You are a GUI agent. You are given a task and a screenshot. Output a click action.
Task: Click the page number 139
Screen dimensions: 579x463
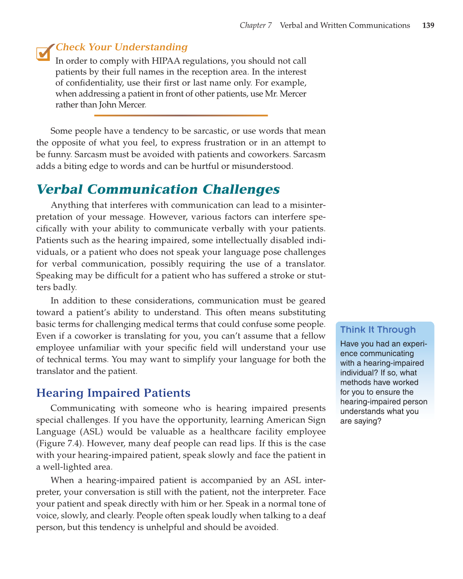[428, 26]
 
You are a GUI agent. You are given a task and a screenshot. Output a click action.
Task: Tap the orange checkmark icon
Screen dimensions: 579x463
[44, 53]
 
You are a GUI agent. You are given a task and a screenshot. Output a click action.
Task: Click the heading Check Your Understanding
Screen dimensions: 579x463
[122, 47]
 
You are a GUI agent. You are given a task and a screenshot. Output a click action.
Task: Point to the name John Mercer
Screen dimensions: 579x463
[123, 105]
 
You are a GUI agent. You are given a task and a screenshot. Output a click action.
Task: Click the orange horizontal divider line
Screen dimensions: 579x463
[181, 115]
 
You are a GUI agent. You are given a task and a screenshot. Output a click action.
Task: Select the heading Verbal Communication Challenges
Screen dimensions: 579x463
[158, 189]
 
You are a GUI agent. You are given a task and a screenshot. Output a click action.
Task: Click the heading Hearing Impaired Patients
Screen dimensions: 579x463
[113, 393]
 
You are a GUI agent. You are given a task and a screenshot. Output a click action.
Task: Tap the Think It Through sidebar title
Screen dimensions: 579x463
[377, 330]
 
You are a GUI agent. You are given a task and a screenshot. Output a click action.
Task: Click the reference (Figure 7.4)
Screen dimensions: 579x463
[59, 443]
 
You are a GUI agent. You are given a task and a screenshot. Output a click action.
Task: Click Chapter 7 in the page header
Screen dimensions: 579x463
[255, 26]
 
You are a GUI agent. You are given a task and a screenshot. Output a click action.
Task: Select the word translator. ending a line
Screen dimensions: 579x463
[305, 264]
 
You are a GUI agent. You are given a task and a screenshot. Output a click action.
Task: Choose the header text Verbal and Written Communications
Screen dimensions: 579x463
[345, 26]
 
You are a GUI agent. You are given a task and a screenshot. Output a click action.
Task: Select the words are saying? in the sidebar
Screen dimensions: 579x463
[360, 421]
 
